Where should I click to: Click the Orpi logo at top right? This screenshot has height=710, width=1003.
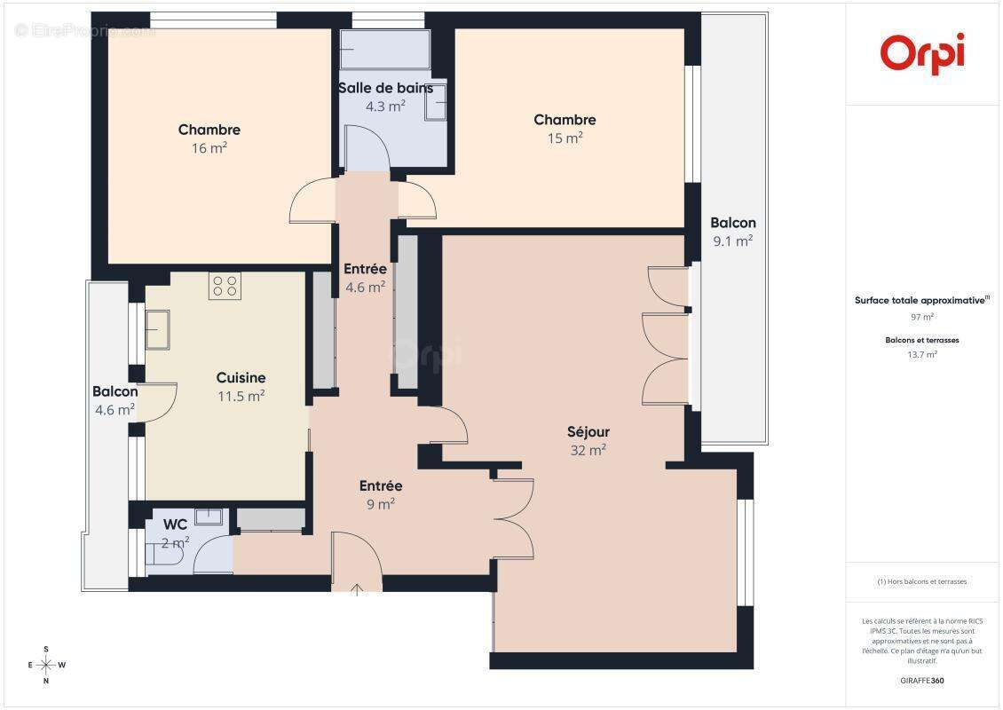922,53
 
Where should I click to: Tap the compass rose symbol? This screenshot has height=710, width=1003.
46,665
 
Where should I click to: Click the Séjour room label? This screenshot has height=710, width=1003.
588,432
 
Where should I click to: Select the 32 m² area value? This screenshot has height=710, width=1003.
588,451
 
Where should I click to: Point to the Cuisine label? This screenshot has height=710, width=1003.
241,378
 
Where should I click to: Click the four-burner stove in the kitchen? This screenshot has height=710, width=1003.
225,286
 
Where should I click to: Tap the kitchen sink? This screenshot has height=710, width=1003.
159,330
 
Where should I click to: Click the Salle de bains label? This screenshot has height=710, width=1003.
385,88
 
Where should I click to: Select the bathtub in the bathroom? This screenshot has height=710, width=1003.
385,51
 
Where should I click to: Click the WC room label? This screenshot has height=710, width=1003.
176,525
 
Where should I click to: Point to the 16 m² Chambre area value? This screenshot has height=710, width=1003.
209,148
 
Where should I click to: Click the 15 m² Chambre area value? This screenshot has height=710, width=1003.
565,138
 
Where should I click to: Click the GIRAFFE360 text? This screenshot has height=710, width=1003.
922,679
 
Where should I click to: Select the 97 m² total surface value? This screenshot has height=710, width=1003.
922,317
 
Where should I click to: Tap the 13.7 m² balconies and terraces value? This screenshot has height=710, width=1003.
922,354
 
